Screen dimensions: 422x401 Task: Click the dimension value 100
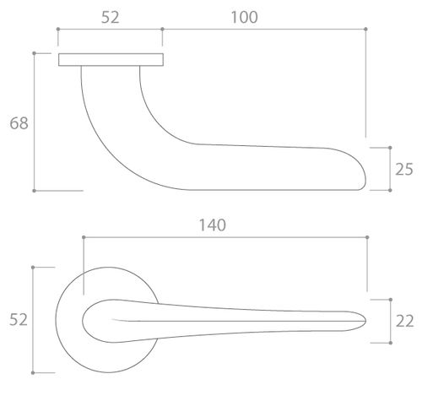[x=244, y=17]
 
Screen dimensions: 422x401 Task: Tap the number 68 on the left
[x=19, y=123]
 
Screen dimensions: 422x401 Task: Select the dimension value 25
[x=404, y=169]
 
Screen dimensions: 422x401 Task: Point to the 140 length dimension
[x=213, y=225]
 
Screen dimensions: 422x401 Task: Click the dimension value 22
[x=404, y=321]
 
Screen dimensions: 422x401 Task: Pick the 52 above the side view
[x=111, y=17]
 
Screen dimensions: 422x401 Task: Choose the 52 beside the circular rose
[x=19, y=320]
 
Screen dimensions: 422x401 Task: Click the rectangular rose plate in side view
[x=111, y=60]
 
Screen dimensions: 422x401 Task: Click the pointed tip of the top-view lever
[x=365, y=321]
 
